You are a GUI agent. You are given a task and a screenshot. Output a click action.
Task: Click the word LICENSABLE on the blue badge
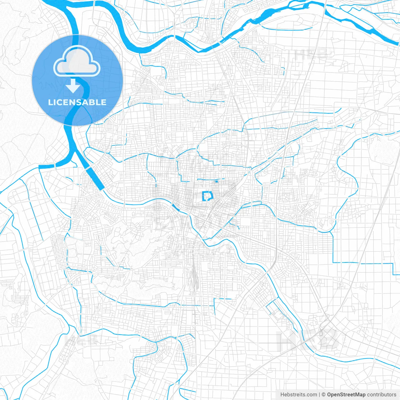click(77, 102)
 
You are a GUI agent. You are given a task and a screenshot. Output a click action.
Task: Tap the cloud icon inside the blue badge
click(77, 61)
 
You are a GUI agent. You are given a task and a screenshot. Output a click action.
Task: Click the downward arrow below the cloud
click(73, 86)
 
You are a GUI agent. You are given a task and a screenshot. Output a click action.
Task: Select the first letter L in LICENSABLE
click(50, 102)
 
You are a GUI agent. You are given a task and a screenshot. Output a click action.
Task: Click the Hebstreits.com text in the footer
click(298, 395)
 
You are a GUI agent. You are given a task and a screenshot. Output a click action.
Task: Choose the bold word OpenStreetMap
click(346, 395)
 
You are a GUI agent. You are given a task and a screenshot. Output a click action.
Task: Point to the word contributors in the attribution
click(382, 395)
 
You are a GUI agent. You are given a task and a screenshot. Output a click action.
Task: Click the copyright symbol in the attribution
click(323, 395)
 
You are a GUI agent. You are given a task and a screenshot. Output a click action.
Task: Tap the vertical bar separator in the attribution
click(319, 395)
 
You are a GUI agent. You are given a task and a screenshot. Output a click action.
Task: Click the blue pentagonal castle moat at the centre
click(207, 196)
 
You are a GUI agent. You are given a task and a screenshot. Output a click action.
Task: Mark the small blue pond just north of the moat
click(216, 182)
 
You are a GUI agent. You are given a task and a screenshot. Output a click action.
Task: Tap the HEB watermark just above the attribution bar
click(308, 341)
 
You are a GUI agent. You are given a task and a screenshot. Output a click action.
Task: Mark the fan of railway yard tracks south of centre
click(195, 275)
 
